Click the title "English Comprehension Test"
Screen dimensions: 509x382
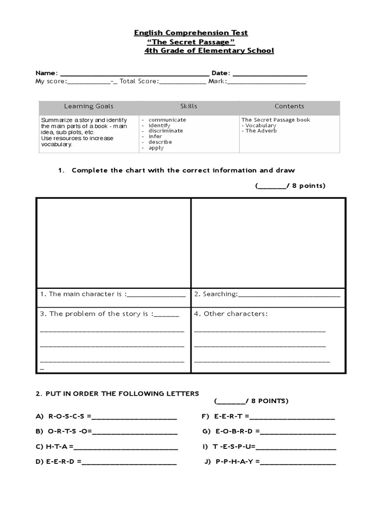coord(191,33)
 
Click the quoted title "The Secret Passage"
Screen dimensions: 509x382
coord(191,42)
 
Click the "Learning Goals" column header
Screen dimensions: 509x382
coord(89,106)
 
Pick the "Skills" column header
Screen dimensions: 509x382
coord(189,106)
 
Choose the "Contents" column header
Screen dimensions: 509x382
coord(289,106)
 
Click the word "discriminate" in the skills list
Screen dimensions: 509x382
coord(166,131)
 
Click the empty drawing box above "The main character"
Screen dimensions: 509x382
coord(113,242)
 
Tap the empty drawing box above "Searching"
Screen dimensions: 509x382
coord(268,242)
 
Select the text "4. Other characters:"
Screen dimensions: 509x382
coord(231,314)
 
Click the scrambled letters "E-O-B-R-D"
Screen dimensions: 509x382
coord(233,431)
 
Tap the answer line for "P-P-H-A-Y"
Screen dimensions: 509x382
coord(298,463)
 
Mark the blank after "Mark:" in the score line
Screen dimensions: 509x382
coord(267,83)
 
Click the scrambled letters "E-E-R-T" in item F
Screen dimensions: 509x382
coord(229,416)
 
